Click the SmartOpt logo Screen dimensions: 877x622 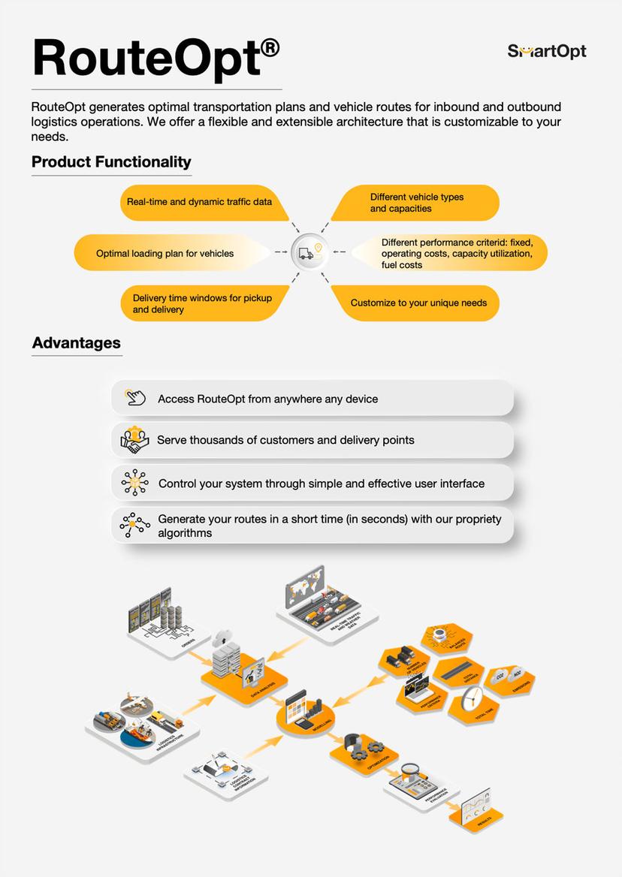click(546, 51)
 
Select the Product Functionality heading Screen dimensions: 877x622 click(111, 161)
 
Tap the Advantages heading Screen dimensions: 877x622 click(76, 343)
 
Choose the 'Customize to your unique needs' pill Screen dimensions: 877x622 click(418, 303)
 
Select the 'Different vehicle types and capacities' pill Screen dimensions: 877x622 click(417, 203)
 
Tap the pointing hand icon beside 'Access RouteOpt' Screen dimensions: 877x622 click(135, 398)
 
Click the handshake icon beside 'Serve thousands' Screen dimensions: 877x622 click(135, 440)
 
